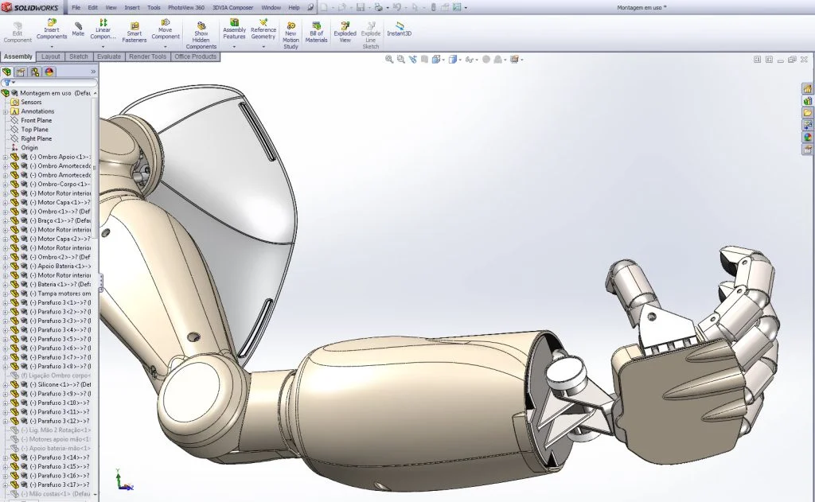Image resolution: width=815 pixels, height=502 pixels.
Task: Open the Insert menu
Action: coord(132,7)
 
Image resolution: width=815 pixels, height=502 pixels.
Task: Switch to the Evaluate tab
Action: coord(109,57)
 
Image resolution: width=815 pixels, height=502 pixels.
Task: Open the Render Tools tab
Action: coord(147,57)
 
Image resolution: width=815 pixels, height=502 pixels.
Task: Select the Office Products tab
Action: coord(195,57)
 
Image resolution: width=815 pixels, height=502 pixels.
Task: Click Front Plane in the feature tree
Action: coord(36,120)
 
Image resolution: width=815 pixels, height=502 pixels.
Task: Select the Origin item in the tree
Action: coord(29,148)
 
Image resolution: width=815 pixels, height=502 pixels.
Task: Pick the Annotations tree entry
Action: coord(37,111)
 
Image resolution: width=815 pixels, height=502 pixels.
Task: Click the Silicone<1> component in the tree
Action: coord(56,384)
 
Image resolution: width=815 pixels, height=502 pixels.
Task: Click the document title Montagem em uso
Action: coord(641,7)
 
